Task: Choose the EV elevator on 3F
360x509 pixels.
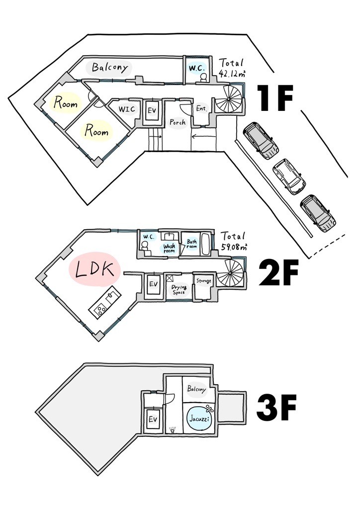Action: pos(153,420)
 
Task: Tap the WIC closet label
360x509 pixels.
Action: pos(126,109)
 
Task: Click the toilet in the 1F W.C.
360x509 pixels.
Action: pos(204,78)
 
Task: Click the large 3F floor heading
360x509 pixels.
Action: pos(276,407)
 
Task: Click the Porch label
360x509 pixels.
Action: pos(178,122)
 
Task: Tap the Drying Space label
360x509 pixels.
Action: pos(179,289)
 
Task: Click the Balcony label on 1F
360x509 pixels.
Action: pos(110,68)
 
